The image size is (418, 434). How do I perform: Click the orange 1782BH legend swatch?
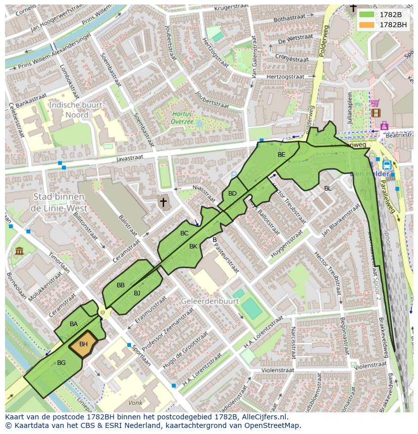coord(367,25)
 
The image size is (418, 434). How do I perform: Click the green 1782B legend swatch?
coord(367,15)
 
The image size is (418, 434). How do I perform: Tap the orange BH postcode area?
coord(83,345)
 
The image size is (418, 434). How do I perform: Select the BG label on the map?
coord(62,362)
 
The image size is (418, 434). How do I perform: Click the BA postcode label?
coord(74,324)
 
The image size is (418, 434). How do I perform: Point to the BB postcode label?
coord(121,285)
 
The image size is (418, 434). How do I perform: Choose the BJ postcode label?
coord(137,293)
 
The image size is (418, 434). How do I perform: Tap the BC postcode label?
coord(184,233)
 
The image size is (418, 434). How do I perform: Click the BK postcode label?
coord(193,246)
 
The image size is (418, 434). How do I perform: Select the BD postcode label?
coord(232,194)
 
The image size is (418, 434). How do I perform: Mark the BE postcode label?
coord(282,155)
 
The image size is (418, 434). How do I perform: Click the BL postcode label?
coord(328,189)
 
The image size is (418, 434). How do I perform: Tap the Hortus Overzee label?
coord(182,117)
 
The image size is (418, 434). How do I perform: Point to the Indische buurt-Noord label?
coord(76,110)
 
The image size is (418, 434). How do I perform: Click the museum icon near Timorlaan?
coord(19,251)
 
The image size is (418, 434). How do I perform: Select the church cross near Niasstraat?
coord(163,202)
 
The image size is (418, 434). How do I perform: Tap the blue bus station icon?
coord(387,165)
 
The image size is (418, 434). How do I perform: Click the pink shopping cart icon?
coord(375,103)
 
